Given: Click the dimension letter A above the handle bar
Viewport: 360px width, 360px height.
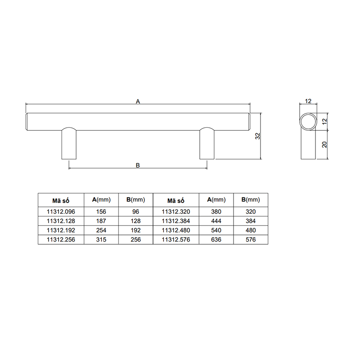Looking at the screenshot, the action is point(138,101).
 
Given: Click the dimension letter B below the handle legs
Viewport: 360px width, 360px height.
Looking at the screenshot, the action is point(138,165).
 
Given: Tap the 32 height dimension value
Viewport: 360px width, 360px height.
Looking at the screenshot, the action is point(258,136).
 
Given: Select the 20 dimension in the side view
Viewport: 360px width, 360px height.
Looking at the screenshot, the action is point(324,144).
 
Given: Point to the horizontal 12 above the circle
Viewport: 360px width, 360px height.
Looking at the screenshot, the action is point(308,101).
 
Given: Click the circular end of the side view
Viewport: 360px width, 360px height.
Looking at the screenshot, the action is point(308,121).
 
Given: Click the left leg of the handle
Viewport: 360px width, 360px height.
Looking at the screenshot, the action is point(69,143).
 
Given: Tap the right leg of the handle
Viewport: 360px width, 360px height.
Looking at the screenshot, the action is point(207,143).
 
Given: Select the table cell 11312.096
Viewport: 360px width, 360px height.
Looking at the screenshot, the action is point(61,211).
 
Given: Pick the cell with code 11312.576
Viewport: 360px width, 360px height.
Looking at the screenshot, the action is point(176,239).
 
